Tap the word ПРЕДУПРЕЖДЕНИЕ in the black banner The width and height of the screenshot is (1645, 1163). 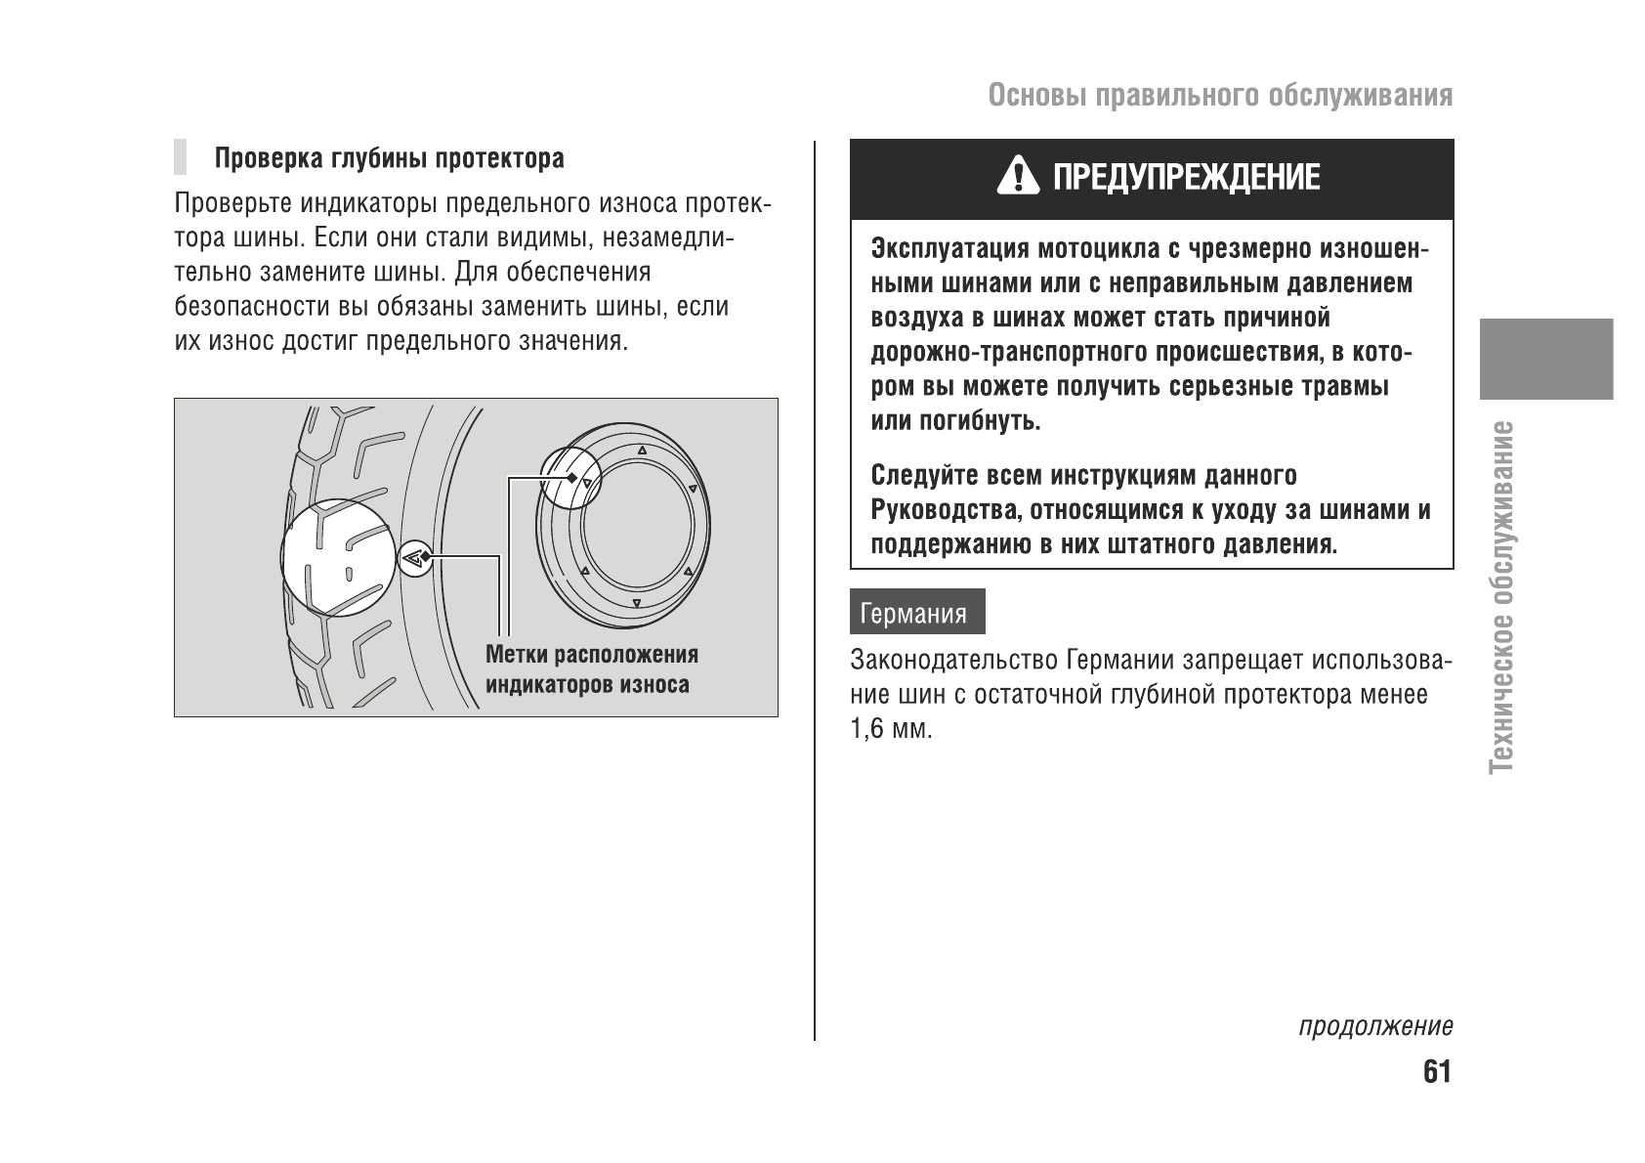(x=1186, y=178)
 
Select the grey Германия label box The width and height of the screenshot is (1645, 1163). (x=916, y=612)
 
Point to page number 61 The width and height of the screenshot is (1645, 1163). (x=1437, y=1072)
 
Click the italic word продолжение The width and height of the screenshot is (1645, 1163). (x=1374, y=1027)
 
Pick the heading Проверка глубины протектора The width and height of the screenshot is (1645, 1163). (x=389, y=158)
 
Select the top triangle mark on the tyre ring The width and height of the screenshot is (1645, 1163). (x=641, y=452)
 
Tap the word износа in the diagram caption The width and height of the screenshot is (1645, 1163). (x=652, y=684)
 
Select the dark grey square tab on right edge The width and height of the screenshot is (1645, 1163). (x=1545, y=359)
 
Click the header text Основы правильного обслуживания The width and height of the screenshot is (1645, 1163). (x=1219, y=96)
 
